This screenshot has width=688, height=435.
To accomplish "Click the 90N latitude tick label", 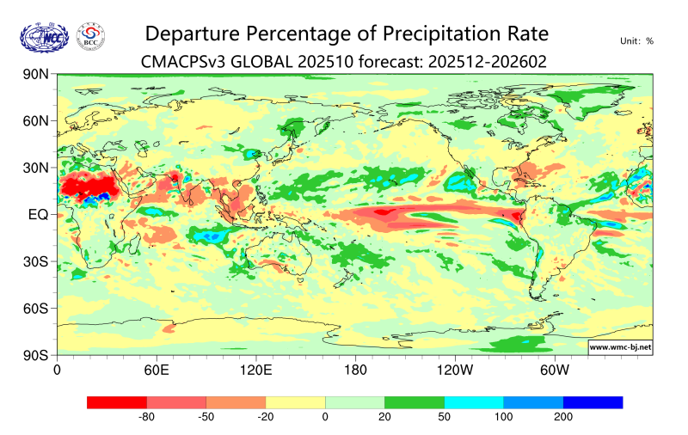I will (34, 75).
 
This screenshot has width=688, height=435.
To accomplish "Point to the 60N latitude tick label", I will (34, 121).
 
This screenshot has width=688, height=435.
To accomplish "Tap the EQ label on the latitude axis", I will (37, 214).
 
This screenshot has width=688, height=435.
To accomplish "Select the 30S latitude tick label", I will (34, 261).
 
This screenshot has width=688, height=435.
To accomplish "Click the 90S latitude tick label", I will (34, 354).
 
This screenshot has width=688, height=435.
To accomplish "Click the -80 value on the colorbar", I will (147, 417).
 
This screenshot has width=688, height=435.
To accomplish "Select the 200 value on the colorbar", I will (563, 417).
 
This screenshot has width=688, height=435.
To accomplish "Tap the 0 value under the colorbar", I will (325, 417).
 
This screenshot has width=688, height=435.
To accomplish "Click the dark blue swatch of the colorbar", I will (593, 402).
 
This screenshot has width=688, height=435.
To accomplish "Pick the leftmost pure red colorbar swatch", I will (117, 402).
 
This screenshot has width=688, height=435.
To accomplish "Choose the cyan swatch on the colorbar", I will (474, 402).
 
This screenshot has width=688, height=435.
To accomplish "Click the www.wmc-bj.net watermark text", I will (619, 347).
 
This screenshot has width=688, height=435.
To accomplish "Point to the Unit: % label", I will (636, 40).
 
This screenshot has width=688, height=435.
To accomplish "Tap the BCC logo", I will (91, 37).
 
